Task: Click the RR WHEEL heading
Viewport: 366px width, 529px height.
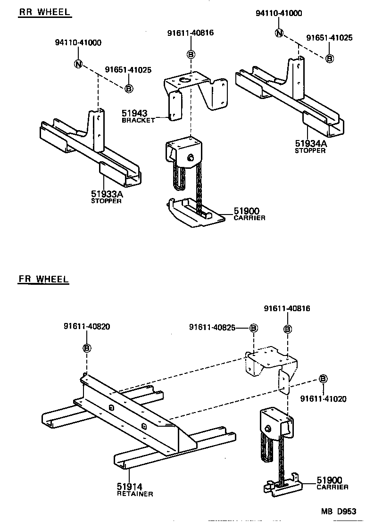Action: click(x=44, y=12)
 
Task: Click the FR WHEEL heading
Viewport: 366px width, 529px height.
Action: click(x=43, y=279)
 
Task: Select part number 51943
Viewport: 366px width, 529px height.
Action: click(x=134, y=113)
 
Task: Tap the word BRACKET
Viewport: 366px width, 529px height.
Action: click(x=138, y=121)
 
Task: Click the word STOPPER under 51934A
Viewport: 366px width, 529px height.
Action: click(x=310, y=151)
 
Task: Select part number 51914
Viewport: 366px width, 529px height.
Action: click(x=130, y=486)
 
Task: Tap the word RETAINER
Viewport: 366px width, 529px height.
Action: click(x=134, y=494)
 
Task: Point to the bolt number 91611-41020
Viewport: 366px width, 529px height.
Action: click(x=324, y=399)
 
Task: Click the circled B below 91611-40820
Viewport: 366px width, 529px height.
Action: click(x=87, y=348)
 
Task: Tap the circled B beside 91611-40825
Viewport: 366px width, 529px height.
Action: click(x=253, y=327)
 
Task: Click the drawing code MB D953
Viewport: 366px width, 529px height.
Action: click(x=339, y=512)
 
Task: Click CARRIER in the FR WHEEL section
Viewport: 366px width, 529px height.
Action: click(x=333, y=487)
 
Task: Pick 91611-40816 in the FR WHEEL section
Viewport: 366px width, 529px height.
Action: click(x=287, y=308)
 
